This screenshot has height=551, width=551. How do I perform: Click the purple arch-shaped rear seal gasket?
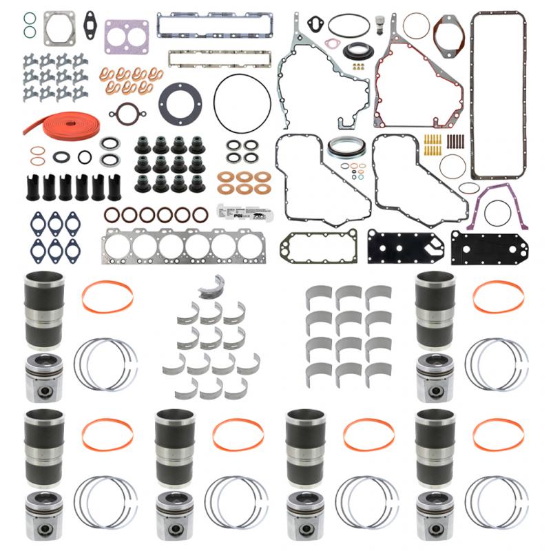tap(499, 207)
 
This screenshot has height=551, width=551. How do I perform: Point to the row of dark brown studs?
tap(457, 143)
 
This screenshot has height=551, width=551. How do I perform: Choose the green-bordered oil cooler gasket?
tap(319, 247)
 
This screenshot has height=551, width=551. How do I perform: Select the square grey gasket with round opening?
tap(59, 29)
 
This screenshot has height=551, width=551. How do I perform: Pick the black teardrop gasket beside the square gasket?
tap(90, 21)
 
